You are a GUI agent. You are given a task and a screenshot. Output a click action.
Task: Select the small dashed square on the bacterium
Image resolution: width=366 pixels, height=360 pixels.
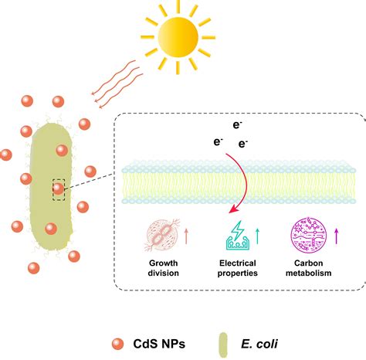[57, 188]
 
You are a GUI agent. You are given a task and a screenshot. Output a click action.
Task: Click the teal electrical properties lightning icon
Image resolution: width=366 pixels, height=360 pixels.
[236, 233]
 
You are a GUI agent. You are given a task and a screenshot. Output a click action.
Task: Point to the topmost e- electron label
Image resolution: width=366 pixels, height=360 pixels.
[237, 124]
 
